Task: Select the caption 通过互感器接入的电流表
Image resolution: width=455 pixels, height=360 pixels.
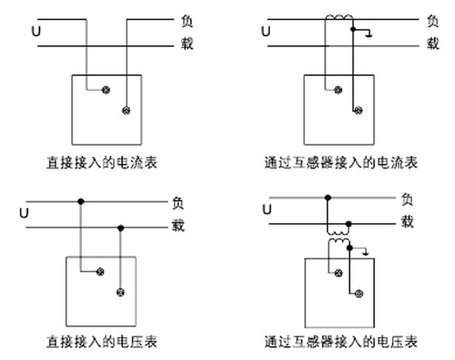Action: [x=341, y=162]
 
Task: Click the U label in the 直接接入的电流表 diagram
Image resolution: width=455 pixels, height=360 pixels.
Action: [x=36, y=31]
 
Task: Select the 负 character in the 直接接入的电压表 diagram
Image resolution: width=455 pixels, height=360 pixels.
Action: [x=178, y=201]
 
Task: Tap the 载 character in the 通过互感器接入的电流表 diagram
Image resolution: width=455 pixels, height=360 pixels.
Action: [x=433, y=44]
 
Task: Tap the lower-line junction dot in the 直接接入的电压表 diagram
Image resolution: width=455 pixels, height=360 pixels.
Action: [x=120, y=227]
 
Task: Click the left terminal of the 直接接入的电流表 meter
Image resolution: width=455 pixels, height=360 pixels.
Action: [x=105, y=90]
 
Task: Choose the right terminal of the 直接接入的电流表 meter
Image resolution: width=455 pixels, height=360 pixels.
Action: [x=126, y=111]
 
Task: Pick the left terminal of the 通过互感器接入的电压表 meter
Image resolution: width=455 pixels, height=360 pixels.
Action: [x=339, y=274]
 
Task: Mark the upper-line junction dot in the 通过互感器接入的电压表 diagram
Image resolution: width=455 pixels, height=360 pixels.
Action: [x=328, y=197]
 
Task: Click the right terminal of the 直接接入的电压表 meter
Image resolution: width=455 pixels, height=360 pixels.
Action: [x=120, y=292]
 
